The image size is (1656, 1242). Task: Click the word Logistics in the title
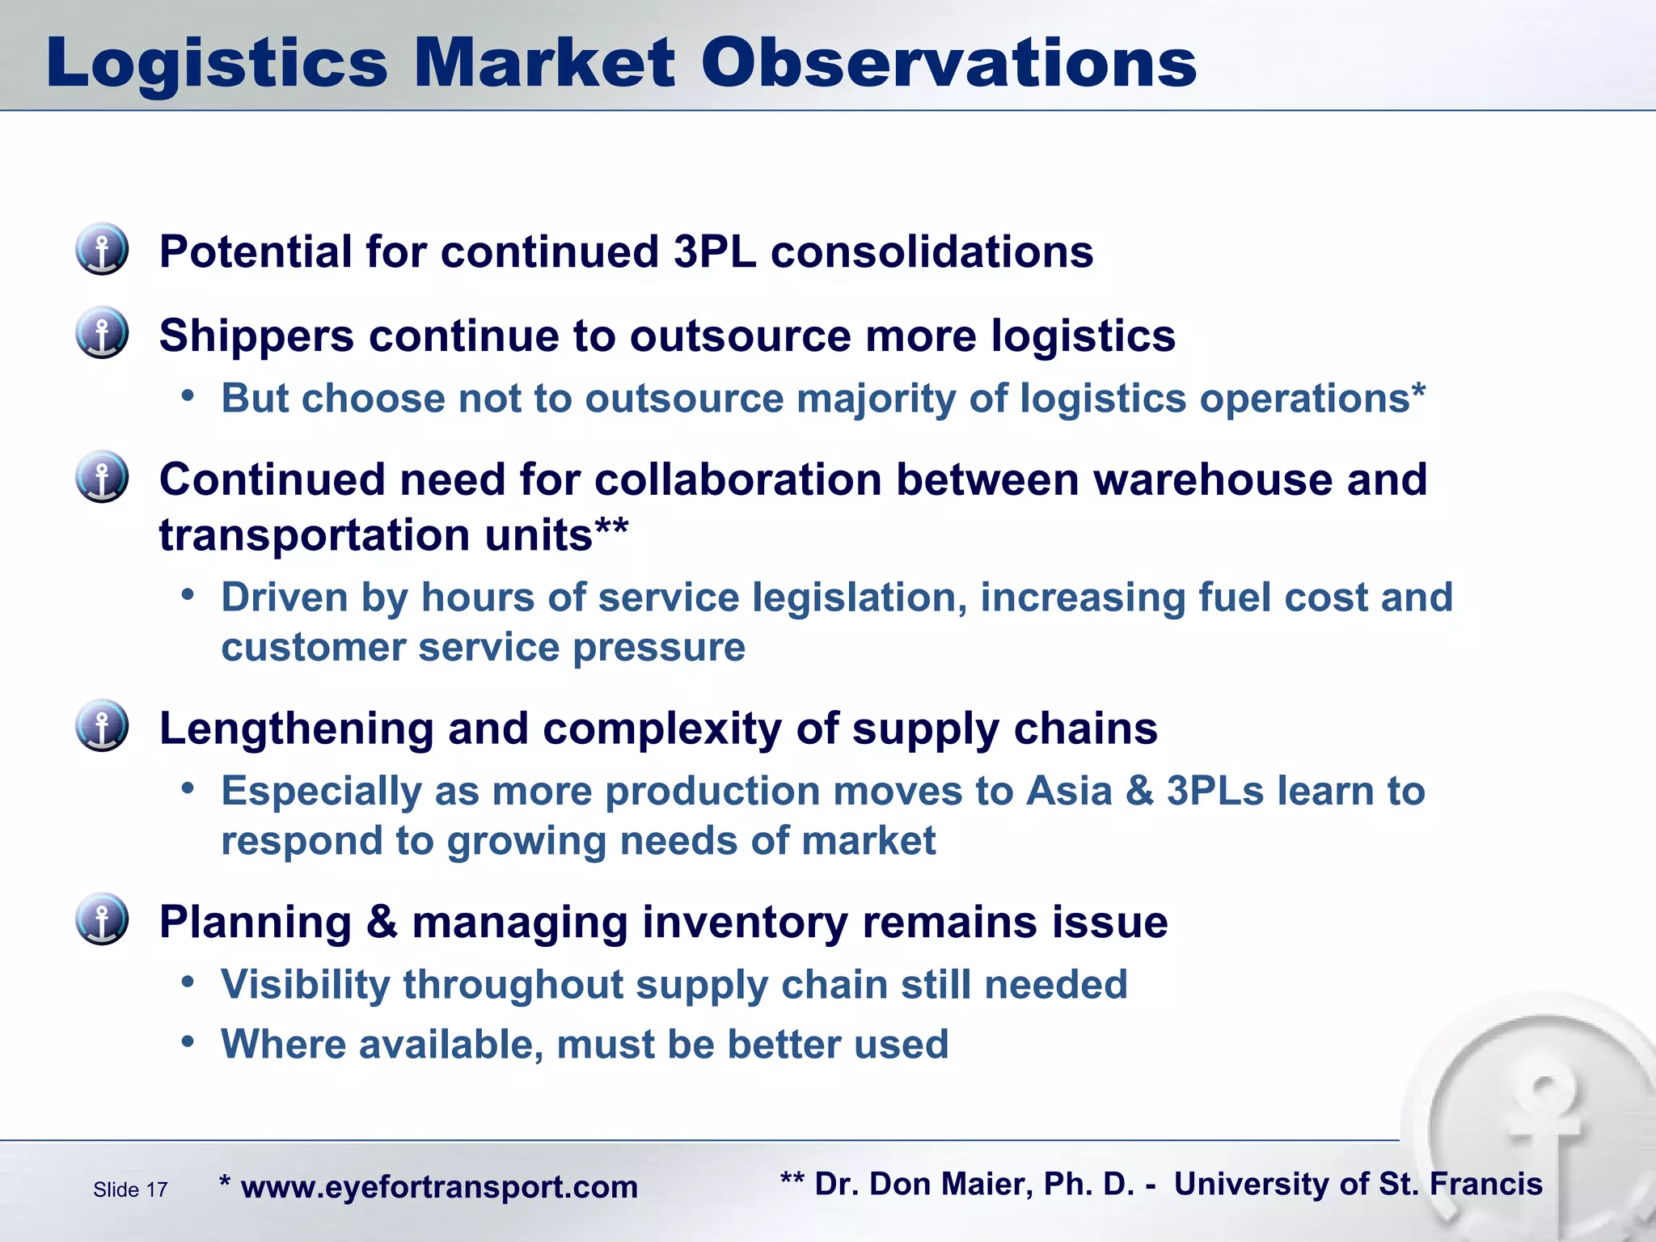click(217, 65)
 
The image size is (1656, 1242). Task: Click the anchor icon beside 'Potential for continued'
click(102, 249)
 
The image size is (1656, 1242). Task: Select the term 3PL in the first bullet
click(715, 251)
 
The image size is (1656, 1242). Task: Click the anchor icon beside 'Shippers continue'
click(102, 332)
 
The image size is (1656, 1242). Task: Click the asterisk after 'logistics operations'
click(1418, 392)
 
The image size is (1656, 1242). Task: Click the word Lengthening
click(296, 729)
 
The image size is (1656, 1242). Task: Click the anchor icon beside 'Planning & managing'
click(102, 919)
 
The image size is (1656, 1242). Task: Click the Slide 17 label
click(130, 1189)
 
